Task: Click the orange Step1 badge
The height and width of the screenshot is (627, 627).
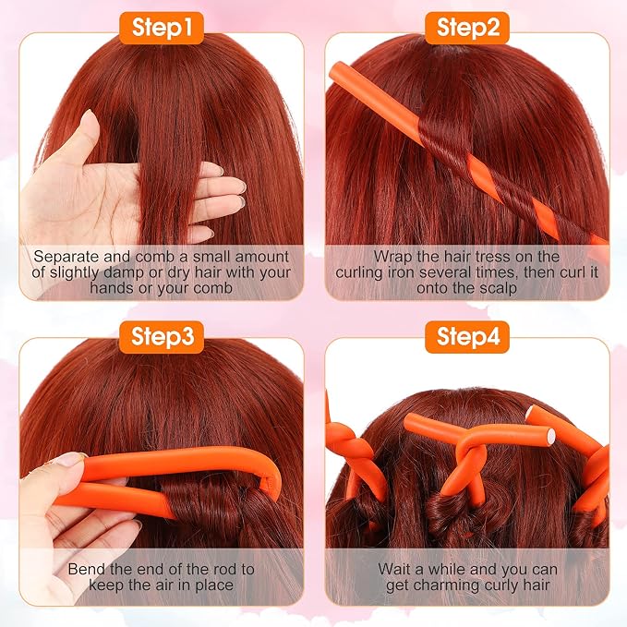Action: point(162,28)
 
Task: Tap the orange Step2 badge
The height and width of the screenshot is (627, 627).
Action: point(467,28)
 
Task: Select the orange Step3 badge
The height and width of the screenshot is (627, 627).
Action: point(162,337)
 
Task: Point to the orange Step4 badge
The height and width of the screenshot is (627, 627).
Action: point(467,337)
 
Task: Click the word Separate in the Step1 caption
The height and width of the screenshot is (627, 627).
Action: point(66,257)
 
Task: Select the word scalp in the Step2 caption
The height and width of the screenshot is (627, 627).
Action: point(498,288)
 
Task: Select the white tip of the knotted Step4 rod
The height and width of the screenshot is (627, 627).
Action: point(551,435)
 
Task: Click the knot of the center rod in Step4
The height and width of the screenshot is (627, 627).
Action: point(471,452)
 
